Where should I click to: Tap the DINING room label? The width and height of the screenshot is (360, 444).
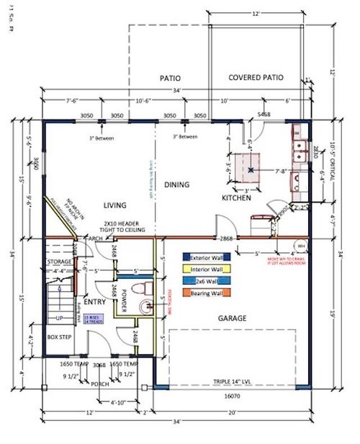pos(176,185)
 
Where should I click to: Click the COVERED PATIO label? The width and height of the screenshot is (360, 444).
pos(256,78)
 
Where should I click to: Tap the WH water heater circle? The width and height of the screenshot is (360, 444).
pos(300,243)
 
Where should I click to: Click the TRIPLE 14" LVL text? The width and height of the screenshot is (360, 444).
pos(230,381)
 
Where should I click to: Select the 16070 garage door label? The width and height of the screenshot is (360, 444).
pos(230,395)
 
